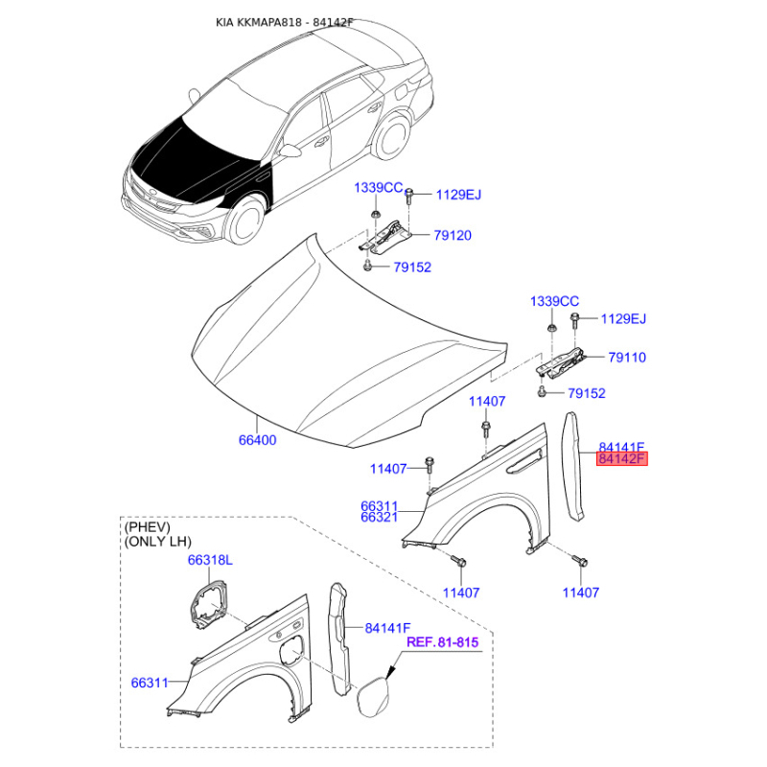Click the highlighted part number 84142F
click(x=621, y=459)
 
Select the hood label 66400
click(x=257, y=440)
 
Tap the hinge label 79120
click(x=453, y=235)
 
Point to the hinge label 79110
click(x=627, y=357)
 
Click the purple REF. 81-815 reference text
click(x=443, y=641)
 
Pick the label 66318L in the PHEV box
click(x=210, y=560)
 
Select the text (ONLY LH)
click(x=158, y=542)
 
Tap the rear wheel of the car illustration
click(x=391, y=136)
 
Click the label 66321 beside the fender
click(x=379, y=517)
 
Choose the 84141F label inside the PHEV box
click(x=387, y=628)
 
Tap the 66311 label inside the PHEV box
click(x=150, y=683)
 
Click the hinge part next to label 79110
click(x=561, y=363)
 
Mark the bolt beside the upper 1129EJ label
click(x=409, y=197)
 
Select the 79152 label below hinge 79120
click(x=412, y=267)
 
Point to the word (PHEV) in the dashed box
click(x=148, y=527)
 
